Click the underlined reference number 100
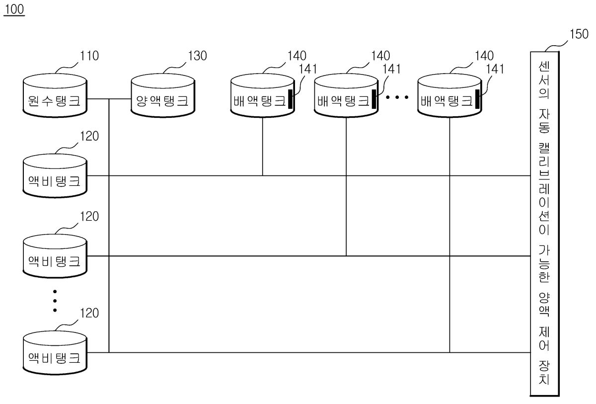(14, 9)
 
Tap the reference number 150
(579, 34)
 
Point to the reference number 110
(89, 56)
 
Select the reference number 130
(198, 56)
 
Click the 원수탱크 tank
(55, 95)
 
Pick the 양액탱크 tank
(163, 95)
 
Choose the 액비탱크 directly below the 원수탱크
(55, 176)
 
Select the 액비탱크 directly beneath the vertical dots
(55, 353)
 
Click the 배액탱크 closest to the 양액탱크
(263, 95)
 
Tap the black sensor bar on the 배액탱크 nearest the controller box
(477, 99)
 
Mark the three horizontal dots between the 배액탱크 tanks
(397, 97)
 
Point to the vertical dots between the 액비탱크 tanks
(55, 301)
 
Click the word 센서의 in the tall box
(544, 80)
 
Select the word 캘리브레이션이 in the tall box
(544, 189)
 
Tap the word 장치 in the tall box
(544, 372)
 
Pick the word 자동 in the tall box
(544, 121)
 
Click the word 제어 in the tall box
(544, 338)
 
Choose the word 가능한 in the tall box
(544, 264)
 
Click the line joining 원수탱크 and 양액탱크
(109, 99)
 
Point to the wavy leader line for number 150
(557, 46)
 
